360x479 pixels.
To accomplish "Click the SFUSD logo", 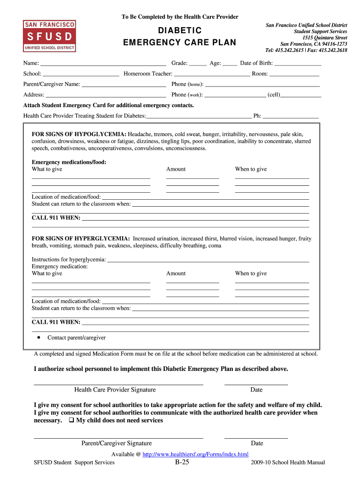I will [x=50, y=36].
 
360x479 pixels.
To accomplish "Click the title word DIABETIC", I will [x=180, y=31].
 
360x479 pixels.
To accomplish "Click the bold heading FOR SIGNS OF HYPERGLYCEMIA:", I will [x=81, y=239].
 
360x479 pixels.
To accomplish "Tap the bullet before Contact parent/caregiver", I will [x=39, y=337].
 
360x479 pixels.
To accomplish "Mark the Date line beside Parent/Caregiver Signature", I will [x=256, y=438].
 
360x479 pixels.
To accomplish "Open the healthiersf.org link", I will [x=195, y=454].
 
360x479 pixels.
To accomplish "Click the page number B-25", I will [x=182, y=463].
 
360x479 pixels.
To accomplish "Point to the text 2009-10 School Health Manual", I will [x=288, y=463].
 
